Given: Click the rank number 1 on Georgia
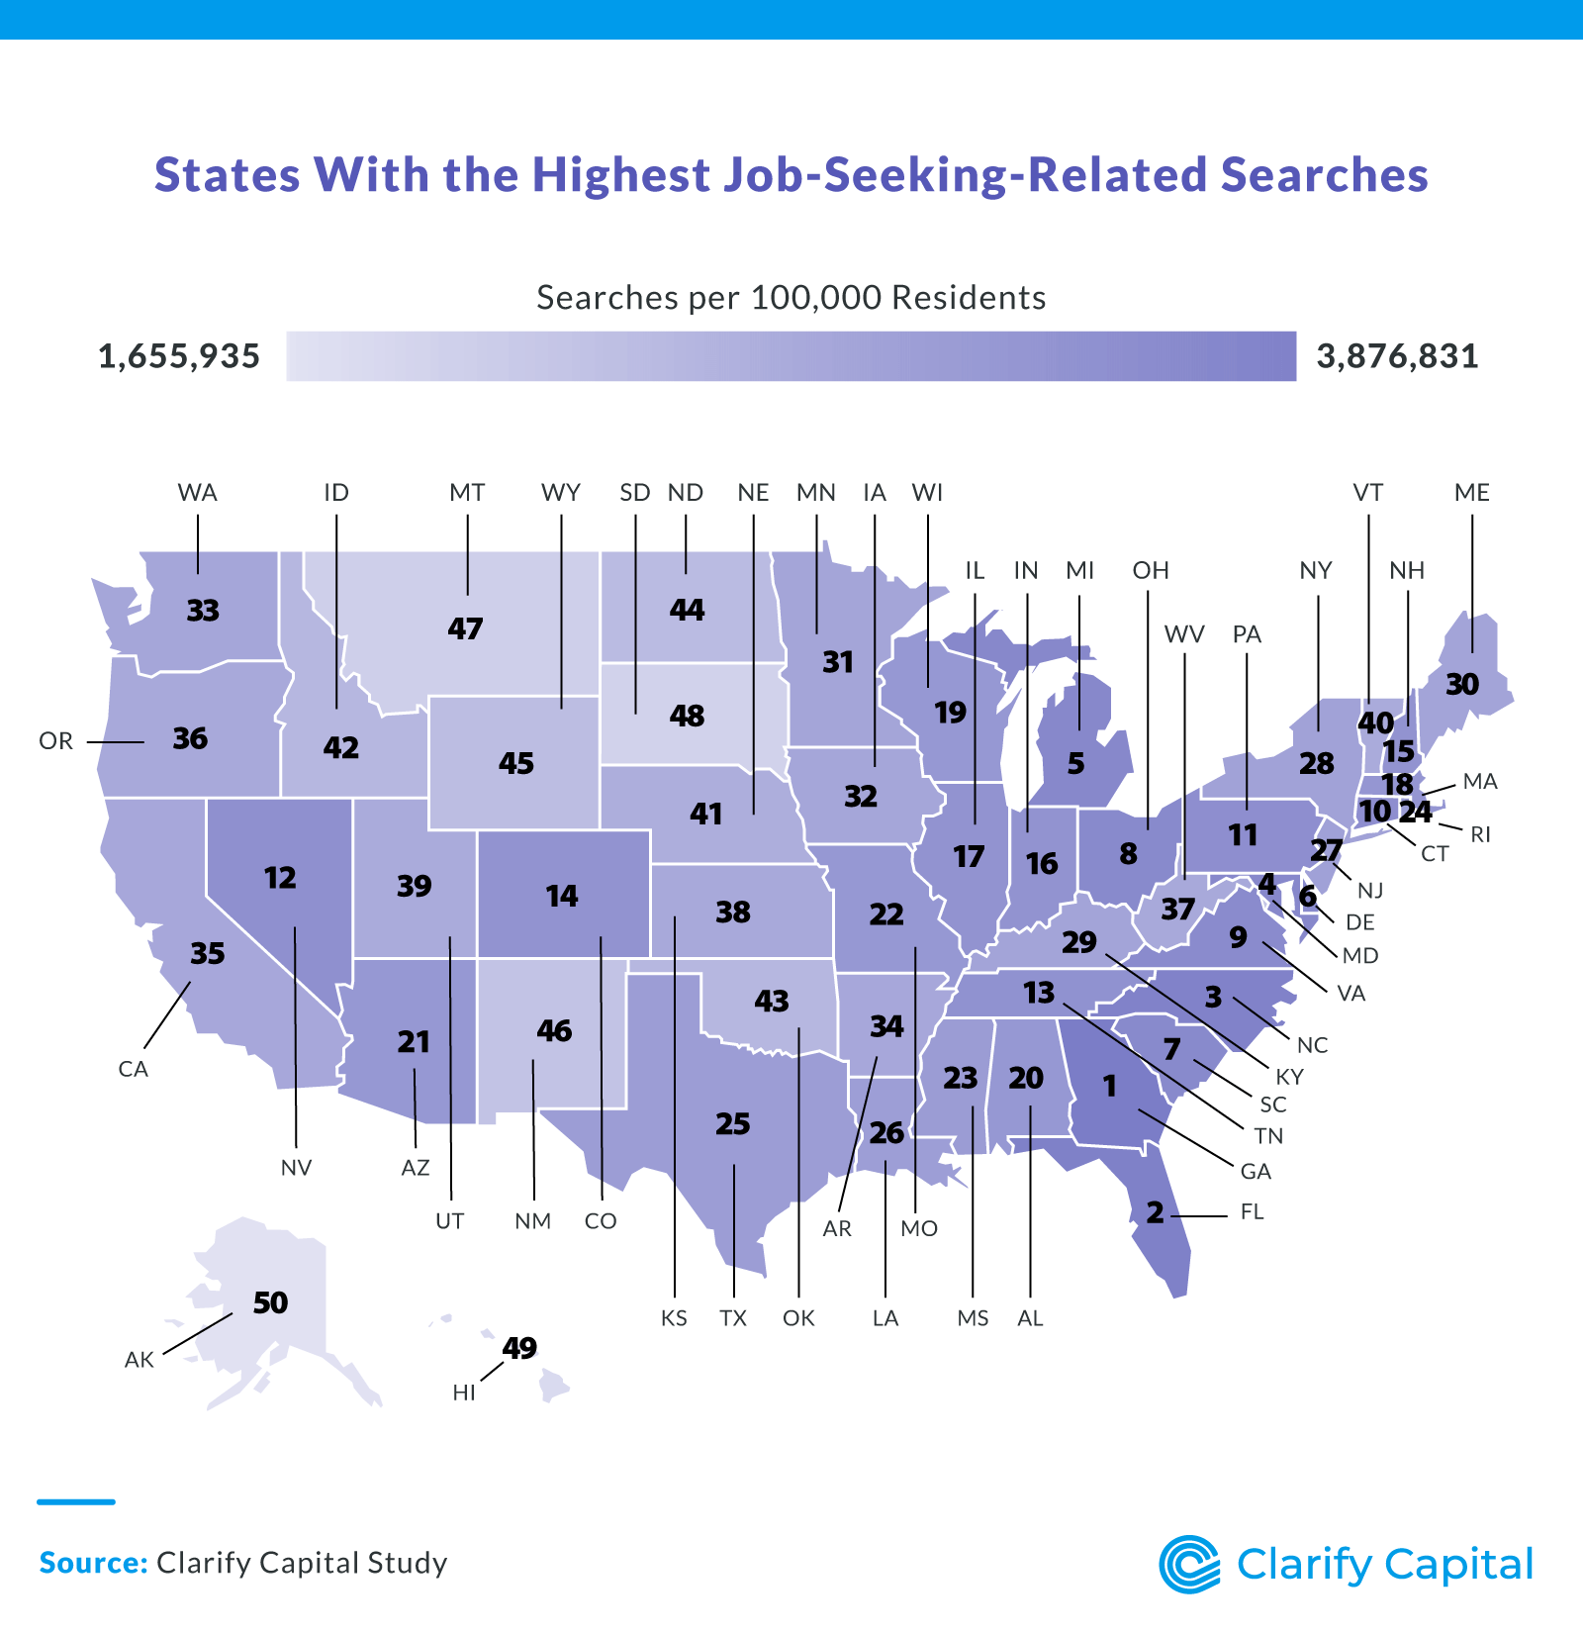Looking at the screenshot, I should (1109, 1087).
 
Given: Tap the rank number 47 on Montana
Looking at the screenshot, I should (465, 628).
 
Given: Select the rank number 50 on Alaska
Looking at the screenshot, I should (270, 1302).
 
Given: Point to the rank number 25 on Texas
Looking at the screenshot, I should (733, 1124).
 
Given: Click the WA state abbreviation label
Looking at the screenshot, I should (197, 493).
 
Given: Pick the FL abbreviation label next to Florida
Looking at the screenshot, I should (1252, 1212).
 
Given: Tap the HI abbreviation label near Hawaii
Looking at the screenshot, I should (464, 1393).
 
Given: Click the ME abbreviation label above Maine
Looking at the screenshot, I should (1472, 493).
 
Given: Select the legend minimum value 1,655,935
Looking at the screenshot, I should (179, 356).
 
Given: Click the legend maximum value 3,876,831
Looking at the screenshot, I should (1397, 356).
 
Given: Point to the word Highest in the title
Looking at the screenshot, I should (621, 175).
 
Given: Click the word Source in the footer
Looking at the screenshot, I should (92, 1563).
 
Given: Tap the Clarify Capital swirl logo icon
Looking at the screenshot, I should (1190, 1565).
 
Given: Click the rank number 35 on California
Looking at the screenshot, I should (208, 953).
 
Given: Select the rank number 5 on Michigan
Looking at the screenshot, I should (1075, 764).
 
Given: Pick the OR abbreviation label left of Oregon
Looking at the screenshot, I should (56, 741).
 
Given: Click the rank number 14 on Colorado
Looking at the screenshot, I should (562, 897).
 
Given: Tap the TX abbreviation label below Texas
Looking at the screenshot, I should (733, 1318).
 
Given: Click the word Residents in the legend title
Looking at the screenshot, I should (969, 298).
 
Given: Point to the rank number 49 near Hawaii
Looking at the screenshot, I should (519, 1348).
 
